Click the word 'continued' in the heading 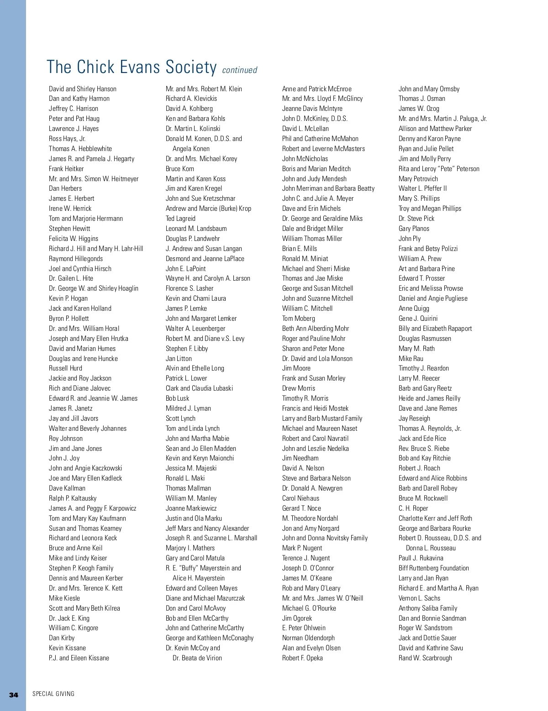[x=239, y=70]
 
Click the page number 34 [x=14, y=695]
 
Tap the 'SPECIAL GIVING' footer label [x=53, y=694]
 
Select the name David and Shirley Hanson [x=83, y=89]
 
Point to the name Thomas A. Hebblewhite [x=80, y=149]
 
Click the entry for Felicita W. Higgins [x=74, y=239]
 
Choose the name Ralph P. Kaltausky [x=73, y=498]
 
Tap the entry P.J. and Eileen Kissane [x=79, y=658]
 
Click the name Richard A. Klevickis [x=191, y=99]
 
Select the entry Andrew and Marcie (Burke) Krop [x=208, y=209]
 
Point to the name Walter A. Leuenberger [x=195, y=329]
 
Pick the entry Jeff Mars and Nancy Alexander [x=207, y=528]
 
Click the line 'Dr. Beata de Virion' [x=197, y=658]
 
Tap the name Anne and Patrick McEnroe [x=317, y=89]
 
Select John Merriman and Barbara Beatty [x=328, y=188]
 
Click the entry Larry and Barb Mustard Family [x=322, y=418]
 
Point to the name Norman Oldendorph [x=308, y=638]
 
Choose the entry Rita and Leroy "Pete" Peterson [x=439, y=169]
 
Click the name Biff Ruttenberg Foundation [x=434, y=568]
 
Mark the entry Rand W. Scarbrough [x=425, y=658]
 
